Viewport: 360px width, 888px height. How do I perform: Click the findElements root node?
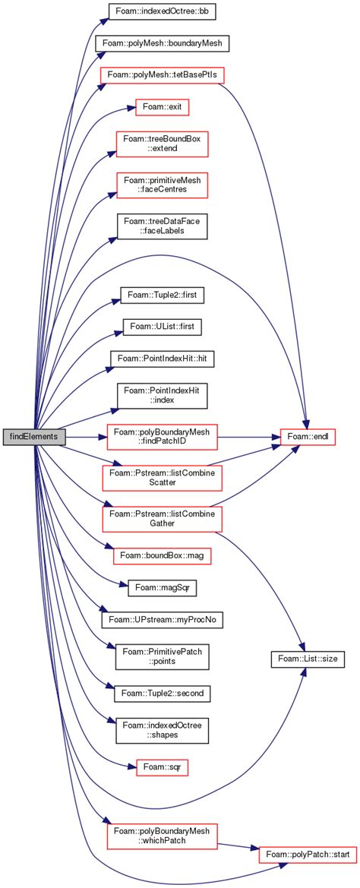click(x=35, y=437)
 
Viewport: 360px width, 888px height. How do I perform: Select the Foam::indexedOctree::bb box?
click(x=161, y=13)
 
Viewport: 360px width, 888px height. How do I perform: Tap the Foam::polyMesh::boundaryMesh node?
click(x=161, y=43)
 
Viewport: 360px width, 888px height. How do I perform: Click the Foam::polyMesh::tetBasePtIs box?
click(x=161, y=75)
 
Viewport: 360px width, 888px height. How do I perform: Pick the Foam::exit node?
click(x=161, y=107)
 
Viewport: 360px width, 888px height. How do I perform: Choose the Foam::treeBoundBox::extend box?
click(x=161, y=144)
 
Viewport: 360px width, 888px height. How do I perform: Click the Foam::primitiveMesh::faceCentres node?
click(x=161, y=185)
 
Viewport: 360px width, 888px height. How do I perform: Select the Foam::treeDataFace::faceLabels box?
click(x=161, y=226)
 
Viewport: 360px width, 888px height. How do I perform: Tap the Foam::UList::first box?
click(x=161, y=326)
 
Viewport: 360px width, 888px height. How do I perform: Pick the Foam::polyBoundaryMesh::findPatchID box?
click(x=161, y=437)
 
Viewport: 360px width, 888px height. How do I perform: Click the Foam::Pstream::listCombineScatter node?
click(x=161, y=478)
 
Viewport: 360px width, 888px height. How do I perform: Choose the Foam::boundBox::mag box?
click(x=161, y=555)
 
